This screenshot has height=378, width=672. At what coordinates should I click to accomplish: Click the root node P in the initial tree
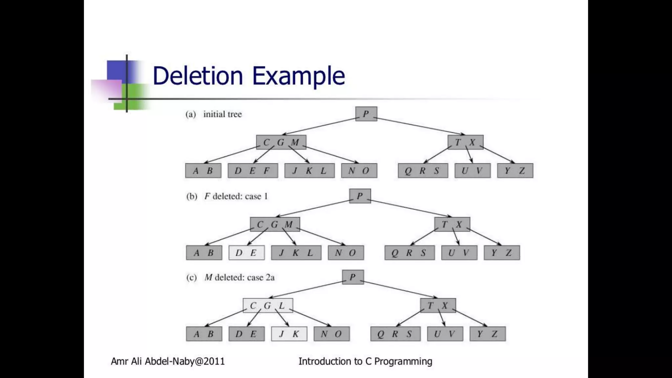point(366,114)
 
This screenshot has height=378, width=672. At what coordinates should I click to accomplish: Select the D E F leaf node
point(253,171)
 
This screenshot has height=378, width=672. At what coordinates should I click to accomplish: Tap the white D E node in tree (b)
point(246,253)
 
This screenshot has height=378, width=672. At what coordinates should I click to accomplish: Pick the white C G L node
point(268,305)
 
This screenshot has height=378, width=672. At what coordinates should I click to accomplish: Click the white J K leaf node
point(289,334)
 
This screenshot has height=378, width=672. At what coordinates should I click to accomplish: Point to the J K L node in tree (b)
point(296,253)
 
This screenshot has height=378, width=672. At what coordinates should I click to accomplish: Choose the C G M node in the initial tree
point(281,142)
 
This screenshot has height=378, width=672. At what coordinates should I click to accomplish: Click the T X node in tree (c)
point(438,305)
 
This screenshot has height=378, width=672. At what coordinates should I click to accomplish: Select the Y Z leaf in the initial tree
point(515,171)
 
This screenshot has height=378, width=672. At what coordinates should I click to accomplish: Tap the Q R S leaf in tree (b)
point(409,253)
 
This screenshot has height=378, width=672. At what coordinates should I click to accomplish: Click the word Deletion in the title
point(198,76)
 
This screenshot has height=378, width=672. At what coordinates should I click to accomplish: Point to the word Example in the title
point(298,76)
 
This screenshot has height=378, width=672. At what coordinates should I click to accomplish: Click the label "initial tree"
point(222,114)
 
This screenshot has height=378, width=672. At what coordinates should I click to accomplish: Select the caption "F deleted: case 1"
point(236,196)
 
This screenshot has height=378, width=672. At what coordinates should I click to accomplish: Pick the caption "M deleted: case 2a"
point(239,278)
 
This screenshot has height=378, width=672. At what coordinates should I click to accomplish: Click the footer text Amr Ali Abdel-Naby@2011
point(168,361)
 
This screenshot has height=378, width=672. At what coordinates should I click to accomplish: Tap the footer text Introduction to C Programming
point(365,361)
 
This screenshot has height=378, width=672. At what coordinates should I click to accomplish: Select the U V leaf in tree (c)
point(445,334)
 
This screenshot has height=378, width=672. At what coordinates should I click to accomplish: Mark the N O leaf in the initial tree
point(359,171)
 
